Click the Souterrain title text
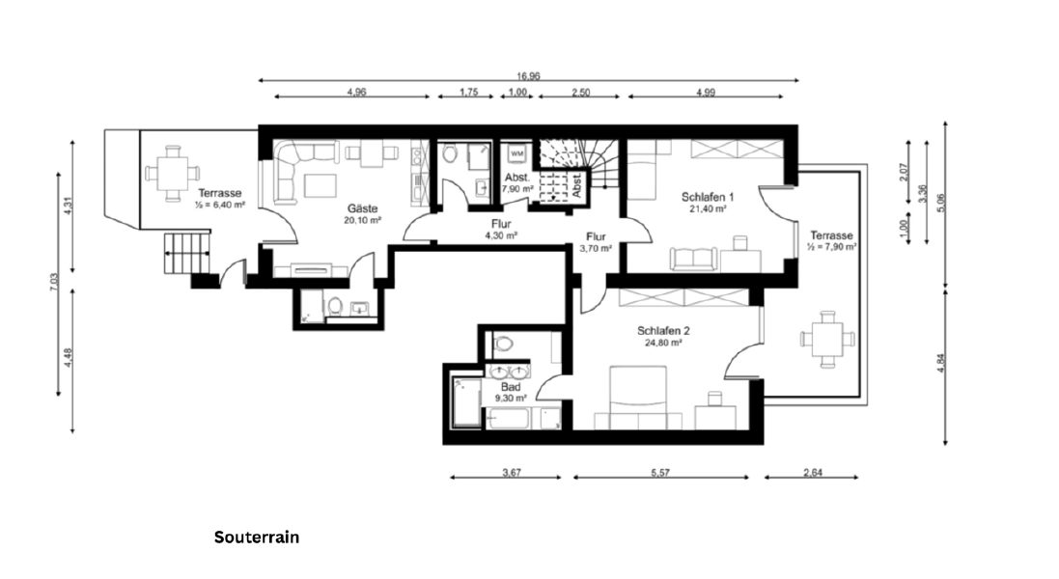257,538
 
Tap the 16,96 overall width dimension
528,76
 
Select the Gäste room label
363,208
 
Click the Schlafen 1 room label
707,197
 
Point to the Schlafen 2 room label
663,331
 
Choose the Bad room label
511,387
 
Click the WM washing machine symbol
516,153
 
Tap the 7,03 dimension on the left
53,282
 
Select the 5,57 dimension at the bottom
660,473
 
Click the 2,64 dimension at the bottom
813,473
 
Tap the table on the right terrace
827,338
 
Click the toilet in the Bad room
503,345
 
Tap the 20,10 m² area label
363,220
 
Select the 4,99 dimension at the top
705,92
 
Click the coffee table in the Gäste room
320,185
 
